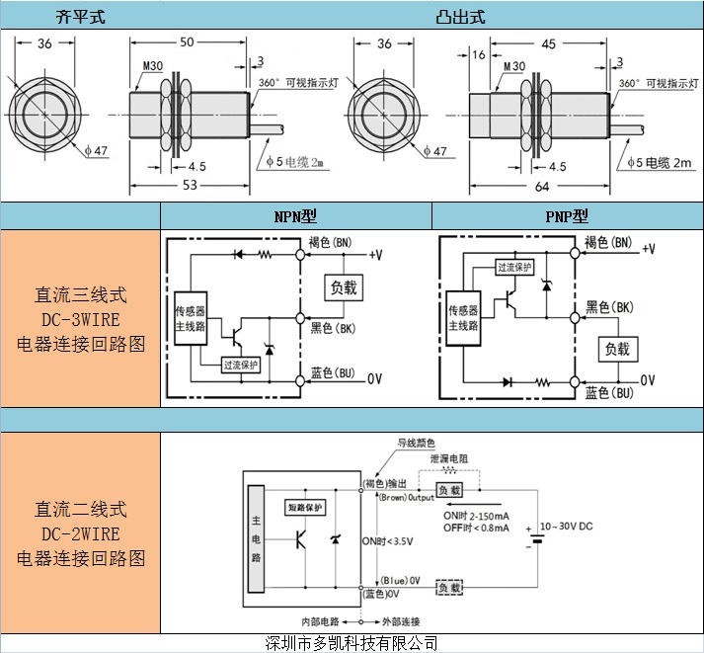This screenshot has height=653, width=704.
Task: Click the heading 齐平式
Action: (80, 17)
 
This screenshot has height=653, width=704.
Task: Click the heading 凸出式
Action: (460, 17)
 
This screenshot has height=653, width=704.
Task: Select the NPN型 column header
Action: (296, 216)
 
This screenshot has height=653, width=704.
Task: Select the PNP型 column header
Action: (568, 216)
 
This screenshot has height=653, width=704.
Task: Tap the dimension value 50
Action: (188, 43)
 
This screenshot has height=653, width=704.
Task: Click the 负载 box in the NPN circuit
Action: (345, 287)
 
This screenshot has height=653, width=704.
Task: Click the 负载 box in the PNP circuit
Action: (617, 348)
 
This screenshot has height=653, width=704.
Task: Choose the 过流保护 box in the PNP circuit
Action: (514, 268)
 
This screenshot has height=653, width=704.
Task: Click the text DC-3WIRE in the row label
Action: (81, 319)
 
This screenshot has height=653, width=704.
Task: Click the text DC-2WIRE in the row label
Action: (81, 534)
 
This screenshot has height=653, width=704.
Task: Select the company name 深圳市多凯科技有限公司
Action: (352, 643)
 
